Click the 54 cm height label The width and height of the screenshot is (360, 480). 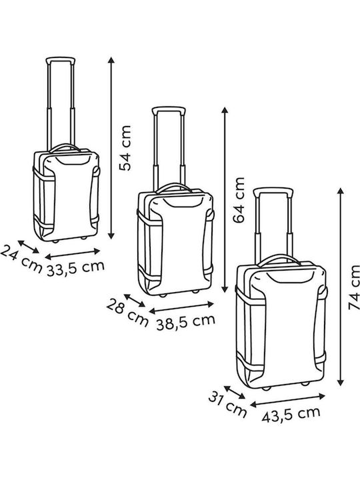[x=125, y=148]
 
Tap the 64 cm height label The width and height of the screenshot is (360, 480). [x=239, y=200]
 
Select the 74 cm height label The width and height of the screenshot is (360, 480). [x=354, y=287]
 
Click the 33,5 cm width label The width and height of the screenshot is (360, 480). [x=75, y=269]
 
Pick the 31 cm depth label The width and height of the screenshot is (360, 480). [x=227, y=404]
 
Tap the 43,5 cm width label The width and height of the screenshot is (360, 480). [x=291, y=415]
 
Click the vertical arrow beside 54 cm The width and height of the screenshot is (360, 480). [x=111, y=148]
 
